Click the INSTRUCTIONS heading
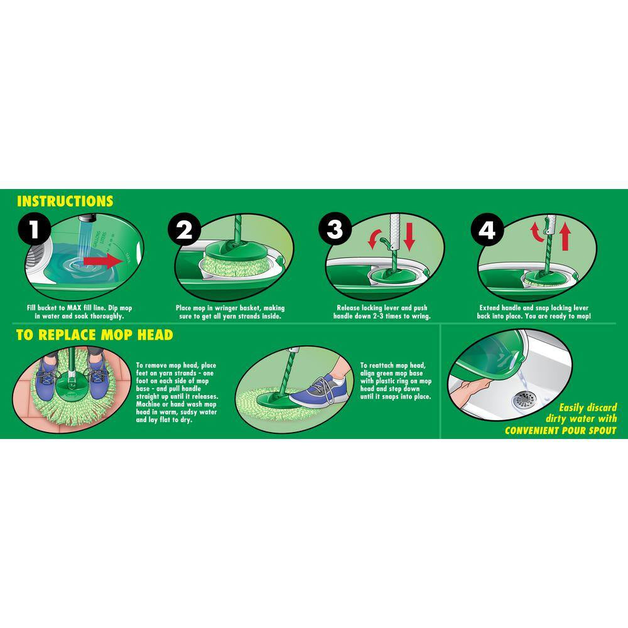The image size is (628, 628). pyautogui.click(x=65, y=202)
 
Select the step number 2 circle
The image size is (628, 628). pyautogui.click(x=184, y=230)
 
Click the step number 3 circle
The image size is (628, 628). pyautogui.click(x=335, y=230)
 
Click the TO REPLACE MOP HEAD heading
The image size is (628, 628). pyautogui.click(x=94, y=335)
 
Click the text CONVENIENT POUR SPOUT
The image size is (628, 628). pyautogui.click(x=561, y=431)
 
